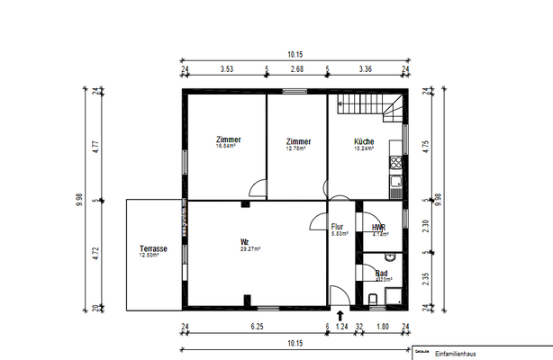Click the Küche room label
tap(364, 142)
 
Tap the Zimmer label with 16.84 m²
tap(229, 140)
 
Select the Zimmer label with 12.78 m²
tap(298, 142)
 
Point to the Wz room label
tap(244, 242)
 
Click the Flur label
tap(338, 228)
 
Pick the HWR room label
tap(379, 229)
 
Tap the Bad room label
tap(381, 273)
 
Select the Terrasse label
tap(154, 249)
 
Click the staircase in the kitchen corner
tap(370, 108)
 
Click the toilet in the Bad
tap(373, 297)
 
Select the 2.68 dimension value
tap(296, 67)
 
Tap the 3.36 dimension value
tap(365, 67)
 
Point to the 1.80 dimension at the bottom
tap(381, 328)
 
